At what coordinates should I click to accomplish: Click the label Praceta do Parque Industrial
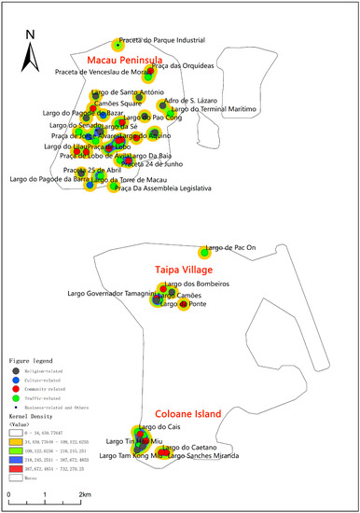(x=173, y=40)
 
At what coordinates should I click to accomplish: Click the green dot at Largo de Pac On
(x=204, y=252)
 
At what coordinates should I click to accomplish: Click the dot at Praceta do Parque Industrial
(x=117, y=43)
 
